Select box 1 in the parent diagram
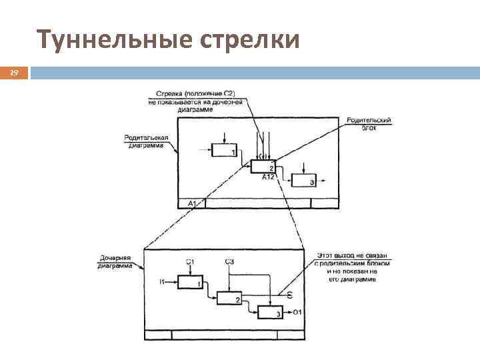(x=223, y=150)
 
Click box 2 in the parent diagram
(x=263, y=167)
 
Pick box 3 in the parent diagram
(x=303, y=180)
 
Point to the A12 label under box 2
(x=268, y=177)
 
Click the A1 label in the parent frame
(x=192, y=203)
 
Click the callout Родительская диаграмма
(x=147, y=141)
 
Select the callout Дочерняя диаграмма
(x=115, y=261)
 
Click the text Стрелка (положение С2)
(x=195, y=93)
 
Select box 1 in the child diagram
(x=189, y=283)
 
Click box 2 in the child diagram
(x=229, y=298)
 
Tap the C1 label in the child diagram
(x=190, y=261)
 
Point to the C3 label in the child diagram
(x=229, y=261)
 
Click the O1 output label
(x=297, y=312)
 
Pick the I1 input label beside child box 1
(x=163, y=283)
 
